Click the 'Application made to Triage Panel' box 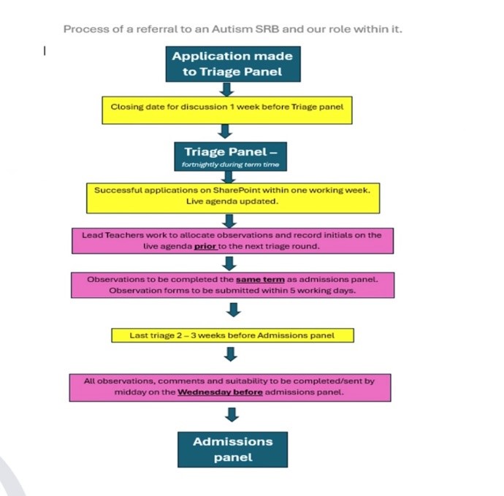(x=233, y=64)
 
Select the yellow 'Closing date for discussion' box (x=227, y=110)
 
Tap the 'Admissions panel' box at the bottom (x=233, y=449)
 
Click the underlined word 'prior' (x=205, y=247)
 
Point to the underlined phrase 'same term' (x=260, y=279)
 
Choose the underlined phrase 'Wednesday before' (x=220, y=392)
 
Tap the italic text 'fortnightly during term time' (x=231, y=164)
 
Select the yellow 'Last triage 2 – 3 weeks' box (x=233, y=335)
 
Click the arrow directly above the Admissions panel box (x=232, y=414)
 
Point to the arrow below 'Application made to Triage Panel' (x=226, y=89)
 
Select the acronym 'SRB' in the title (x=267, y=29)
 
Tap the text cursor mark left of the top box (x=45, y=51)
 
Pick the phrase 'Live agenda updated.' (x=232, y=202)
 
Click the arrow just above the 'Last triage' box (x=234, y=310)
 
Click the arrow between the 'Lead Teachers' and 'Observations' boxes (x=229, y=263)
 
